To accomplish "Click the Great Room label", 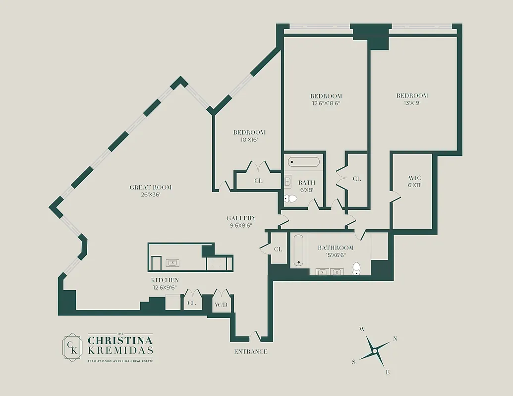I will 150,187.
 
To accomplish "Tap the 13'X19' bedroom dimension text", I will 412,103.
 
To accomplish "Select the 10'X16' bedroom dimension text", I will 249,140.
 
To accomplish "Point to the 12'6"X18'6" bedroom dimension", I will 326,103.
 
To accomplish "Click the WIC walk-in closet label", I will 414,178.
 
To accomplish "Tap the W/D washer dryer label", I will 221,304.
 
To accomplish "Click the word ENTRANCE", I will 250,351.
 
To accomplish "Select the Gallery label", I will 241,218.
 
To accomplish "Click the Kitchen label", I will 165,280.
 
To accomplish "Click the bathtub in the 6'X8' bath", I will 304,162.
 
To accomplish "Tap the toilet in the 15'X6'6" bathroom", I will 356,269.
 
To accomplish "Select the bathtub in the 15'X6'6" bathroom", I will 298,250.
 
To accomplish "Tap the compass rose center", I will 375,351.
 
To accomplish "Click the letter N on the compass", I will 395,339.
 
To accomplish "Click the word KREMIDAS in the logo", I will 120,351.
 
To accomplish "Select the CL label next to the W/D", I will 191,303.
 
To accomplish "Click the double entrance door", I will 254,337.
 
